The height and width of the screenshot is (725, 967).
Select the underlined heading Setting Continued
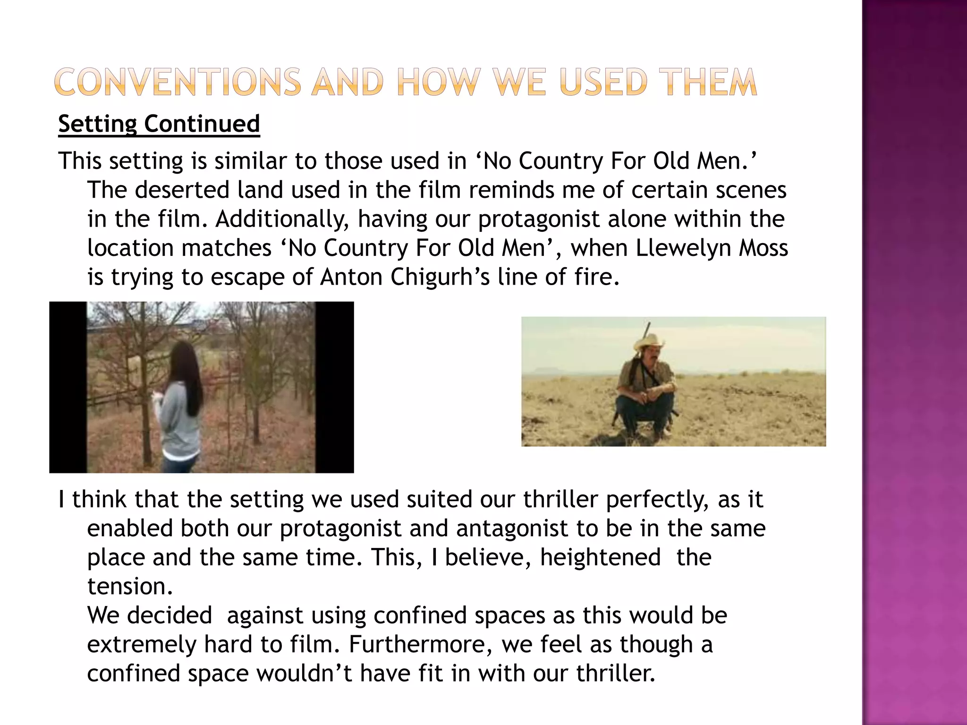(159, 124)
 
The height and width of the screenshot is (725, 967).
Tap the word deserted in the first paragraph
(182, 190)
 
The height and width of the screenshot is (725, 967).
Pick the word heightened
(600, 557)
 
